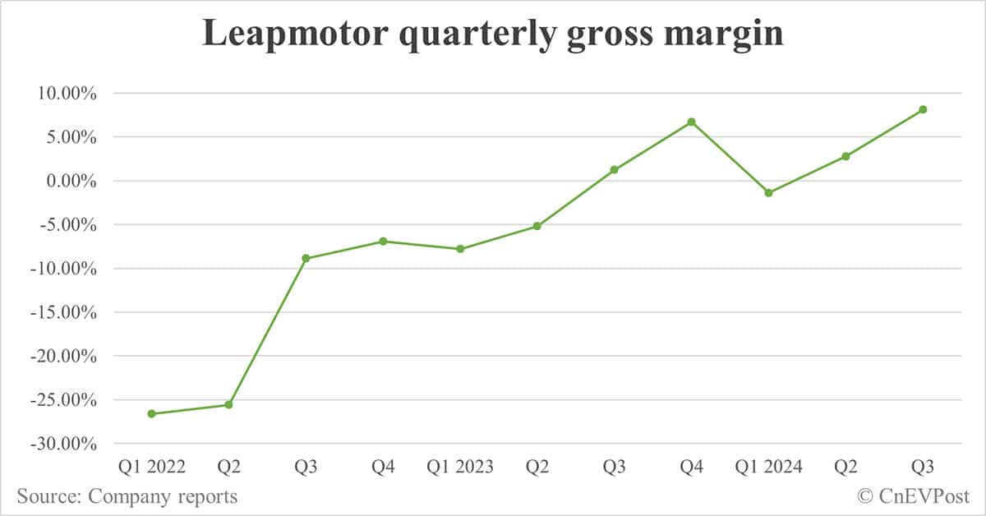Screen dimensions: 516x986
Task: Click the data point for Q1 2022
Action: [x=151, y=413]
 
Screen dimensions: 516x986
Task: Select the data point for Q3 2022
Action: [x=306, y=258]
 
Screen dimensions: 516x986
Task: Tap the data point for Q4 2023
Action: [x=691, y=122]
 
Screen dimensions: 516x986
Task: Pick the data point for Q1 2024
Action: [x=768, y=193]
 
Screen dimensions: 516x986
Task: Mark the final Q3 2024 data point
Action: [x=923, y=109]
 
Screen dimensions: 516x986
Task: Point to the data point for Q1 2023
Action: [x=460, y=249]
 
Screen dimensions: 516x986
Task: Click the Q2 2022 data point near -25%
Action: [x=228, y=405]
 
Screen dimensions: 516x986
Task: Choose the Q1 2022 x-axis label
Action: [x=151, y=468]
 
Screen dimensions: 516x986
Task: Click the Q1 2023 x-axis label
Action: [x=460, y=468]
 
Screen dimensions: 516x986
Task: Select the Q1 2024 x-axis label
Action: [x=768, y=468]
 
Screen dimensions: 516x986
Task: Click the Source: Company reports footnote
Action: [x=127, y=496]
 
